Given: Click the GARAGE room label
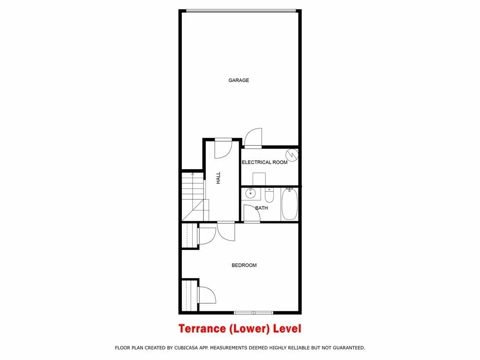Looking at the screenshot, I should [x=239, y=81].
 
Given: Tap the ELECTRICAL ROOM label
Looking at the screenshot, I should [x=264, y=162].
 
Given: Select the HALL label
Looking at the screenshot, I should [x=218, y=178].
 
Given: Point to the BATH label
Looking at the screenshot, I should [x=262, y=208].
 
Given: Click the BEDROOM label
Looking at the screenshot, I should [x=244, y=265].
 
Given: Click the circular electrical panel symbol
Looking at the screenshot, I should [x=292, y=154].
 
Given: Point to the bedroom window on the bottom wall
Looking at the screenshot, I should [x=253, y=313].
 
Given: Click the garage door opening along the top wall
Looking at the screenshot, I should [x=241, y=10].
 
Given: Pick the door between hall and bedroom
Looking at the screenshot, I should [x=226, y=230].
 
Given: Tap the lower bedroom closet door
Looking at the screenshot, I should [x=206, y=297].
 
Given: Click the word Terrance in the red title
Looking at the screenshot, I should [x=202, y=329].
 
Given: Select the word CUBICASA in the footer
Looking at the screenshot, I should [x=198, y=348].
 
